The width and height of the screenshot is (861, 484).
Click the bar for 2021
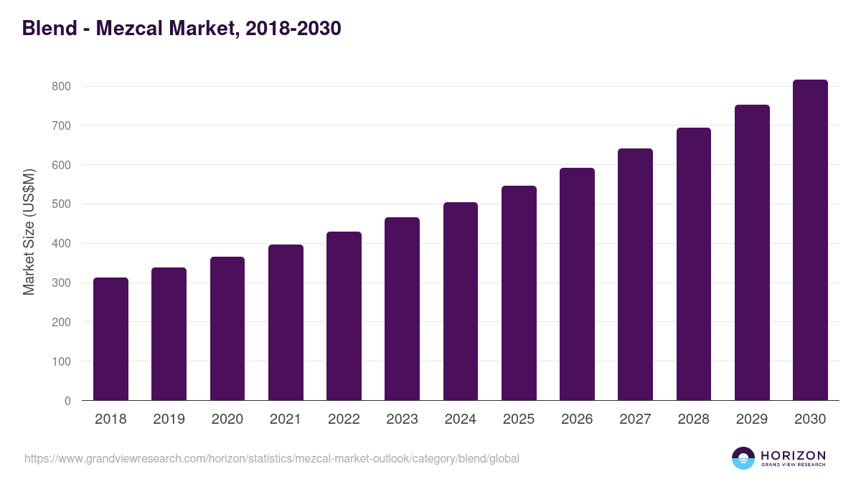[x=286, y=323]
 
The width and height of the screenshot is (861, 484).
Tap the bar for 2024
[x=461, y=301]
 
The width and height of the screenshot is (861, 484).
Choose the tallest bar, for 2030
[x=810, y=240]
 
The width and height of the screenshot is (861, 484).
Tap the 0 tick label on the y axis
[x=67, y=401]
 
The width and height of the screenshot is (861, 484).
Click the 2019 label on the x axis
[x=169, y=419]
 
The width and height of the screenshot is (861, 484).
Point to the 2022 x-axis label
[x=344, y=419]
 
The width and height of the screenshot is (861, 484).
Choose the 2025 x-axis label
[x=519, y=419]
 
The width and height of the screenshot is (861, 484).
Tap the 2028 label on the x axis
[x=693, y=419]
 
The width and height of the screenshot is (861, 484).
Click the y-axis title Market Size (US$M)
[x=29, y=232]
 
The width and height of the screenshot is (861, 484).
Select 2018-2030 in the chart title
[x=292, y=29]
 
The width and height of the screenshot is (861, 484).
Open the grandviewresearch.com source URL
[x=271, y=458]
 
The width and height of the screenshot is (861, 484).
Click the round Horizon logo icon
[x=743, y=458]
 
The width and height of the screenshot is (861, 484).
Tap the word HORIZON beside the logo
[x=793, y=455]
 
